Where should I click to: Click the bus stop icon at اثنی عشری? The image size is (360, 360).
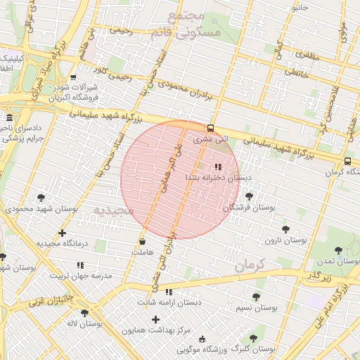click(x=210, y=128)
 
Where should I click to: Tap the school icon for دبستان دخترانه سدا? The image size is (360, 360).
click(x=217, y=167)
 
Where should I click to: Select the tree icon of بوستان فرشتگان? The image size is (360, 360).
click(x=249, y=196)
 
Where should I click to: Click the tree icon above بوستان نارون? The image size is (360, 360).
click(x=285, y=229)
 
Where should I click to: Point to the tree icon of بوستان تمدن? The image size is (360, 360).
click(x=338, y=250)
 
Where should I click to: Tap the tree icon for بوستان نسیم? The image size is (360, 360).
click(x=255, y=297)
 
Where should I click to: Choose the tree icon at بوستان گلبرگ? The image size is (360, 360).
click(x=254, y=338)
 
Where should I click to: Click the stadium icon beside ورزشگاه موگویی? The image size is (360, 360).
click(x=202, y=340)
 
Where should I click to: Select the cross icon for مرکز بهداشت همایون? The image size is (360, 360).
click(x=155, y=319)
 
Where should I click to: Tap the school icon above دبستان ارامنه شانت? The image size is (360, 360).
click(x=168, y=292)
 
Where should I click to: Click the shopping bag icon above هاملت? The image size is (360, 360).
click(x=142, y=241)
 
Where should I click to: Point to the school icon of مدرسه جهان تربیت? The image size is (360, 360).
click(x=79, y=265)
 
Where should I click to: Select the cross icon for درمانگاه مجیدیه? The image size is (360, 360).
click(x=63, y=233)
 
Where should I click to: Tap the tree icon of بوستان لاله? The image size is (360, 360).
click(x=85, y=313)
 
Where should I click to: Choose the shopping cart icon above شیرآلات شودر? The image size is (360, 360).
click(x=73, y=77)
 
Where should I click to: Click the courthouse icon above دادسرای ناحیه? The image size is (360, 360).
click(x=8, y=117)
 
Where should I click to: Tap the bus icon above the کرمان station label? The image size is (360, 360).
click(x=348, y=160)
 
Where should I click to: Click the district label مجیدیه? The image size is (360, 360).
click(x=113, y=210)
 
